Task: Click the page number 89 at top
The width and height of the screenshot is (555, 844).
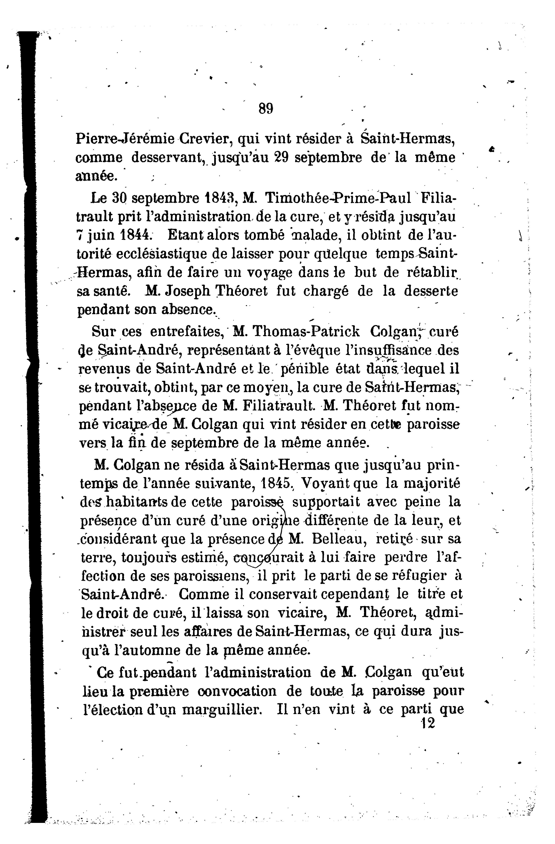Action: (266, 108)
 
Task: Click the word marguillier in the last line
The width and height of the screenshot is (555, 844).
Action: (221, 709)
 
